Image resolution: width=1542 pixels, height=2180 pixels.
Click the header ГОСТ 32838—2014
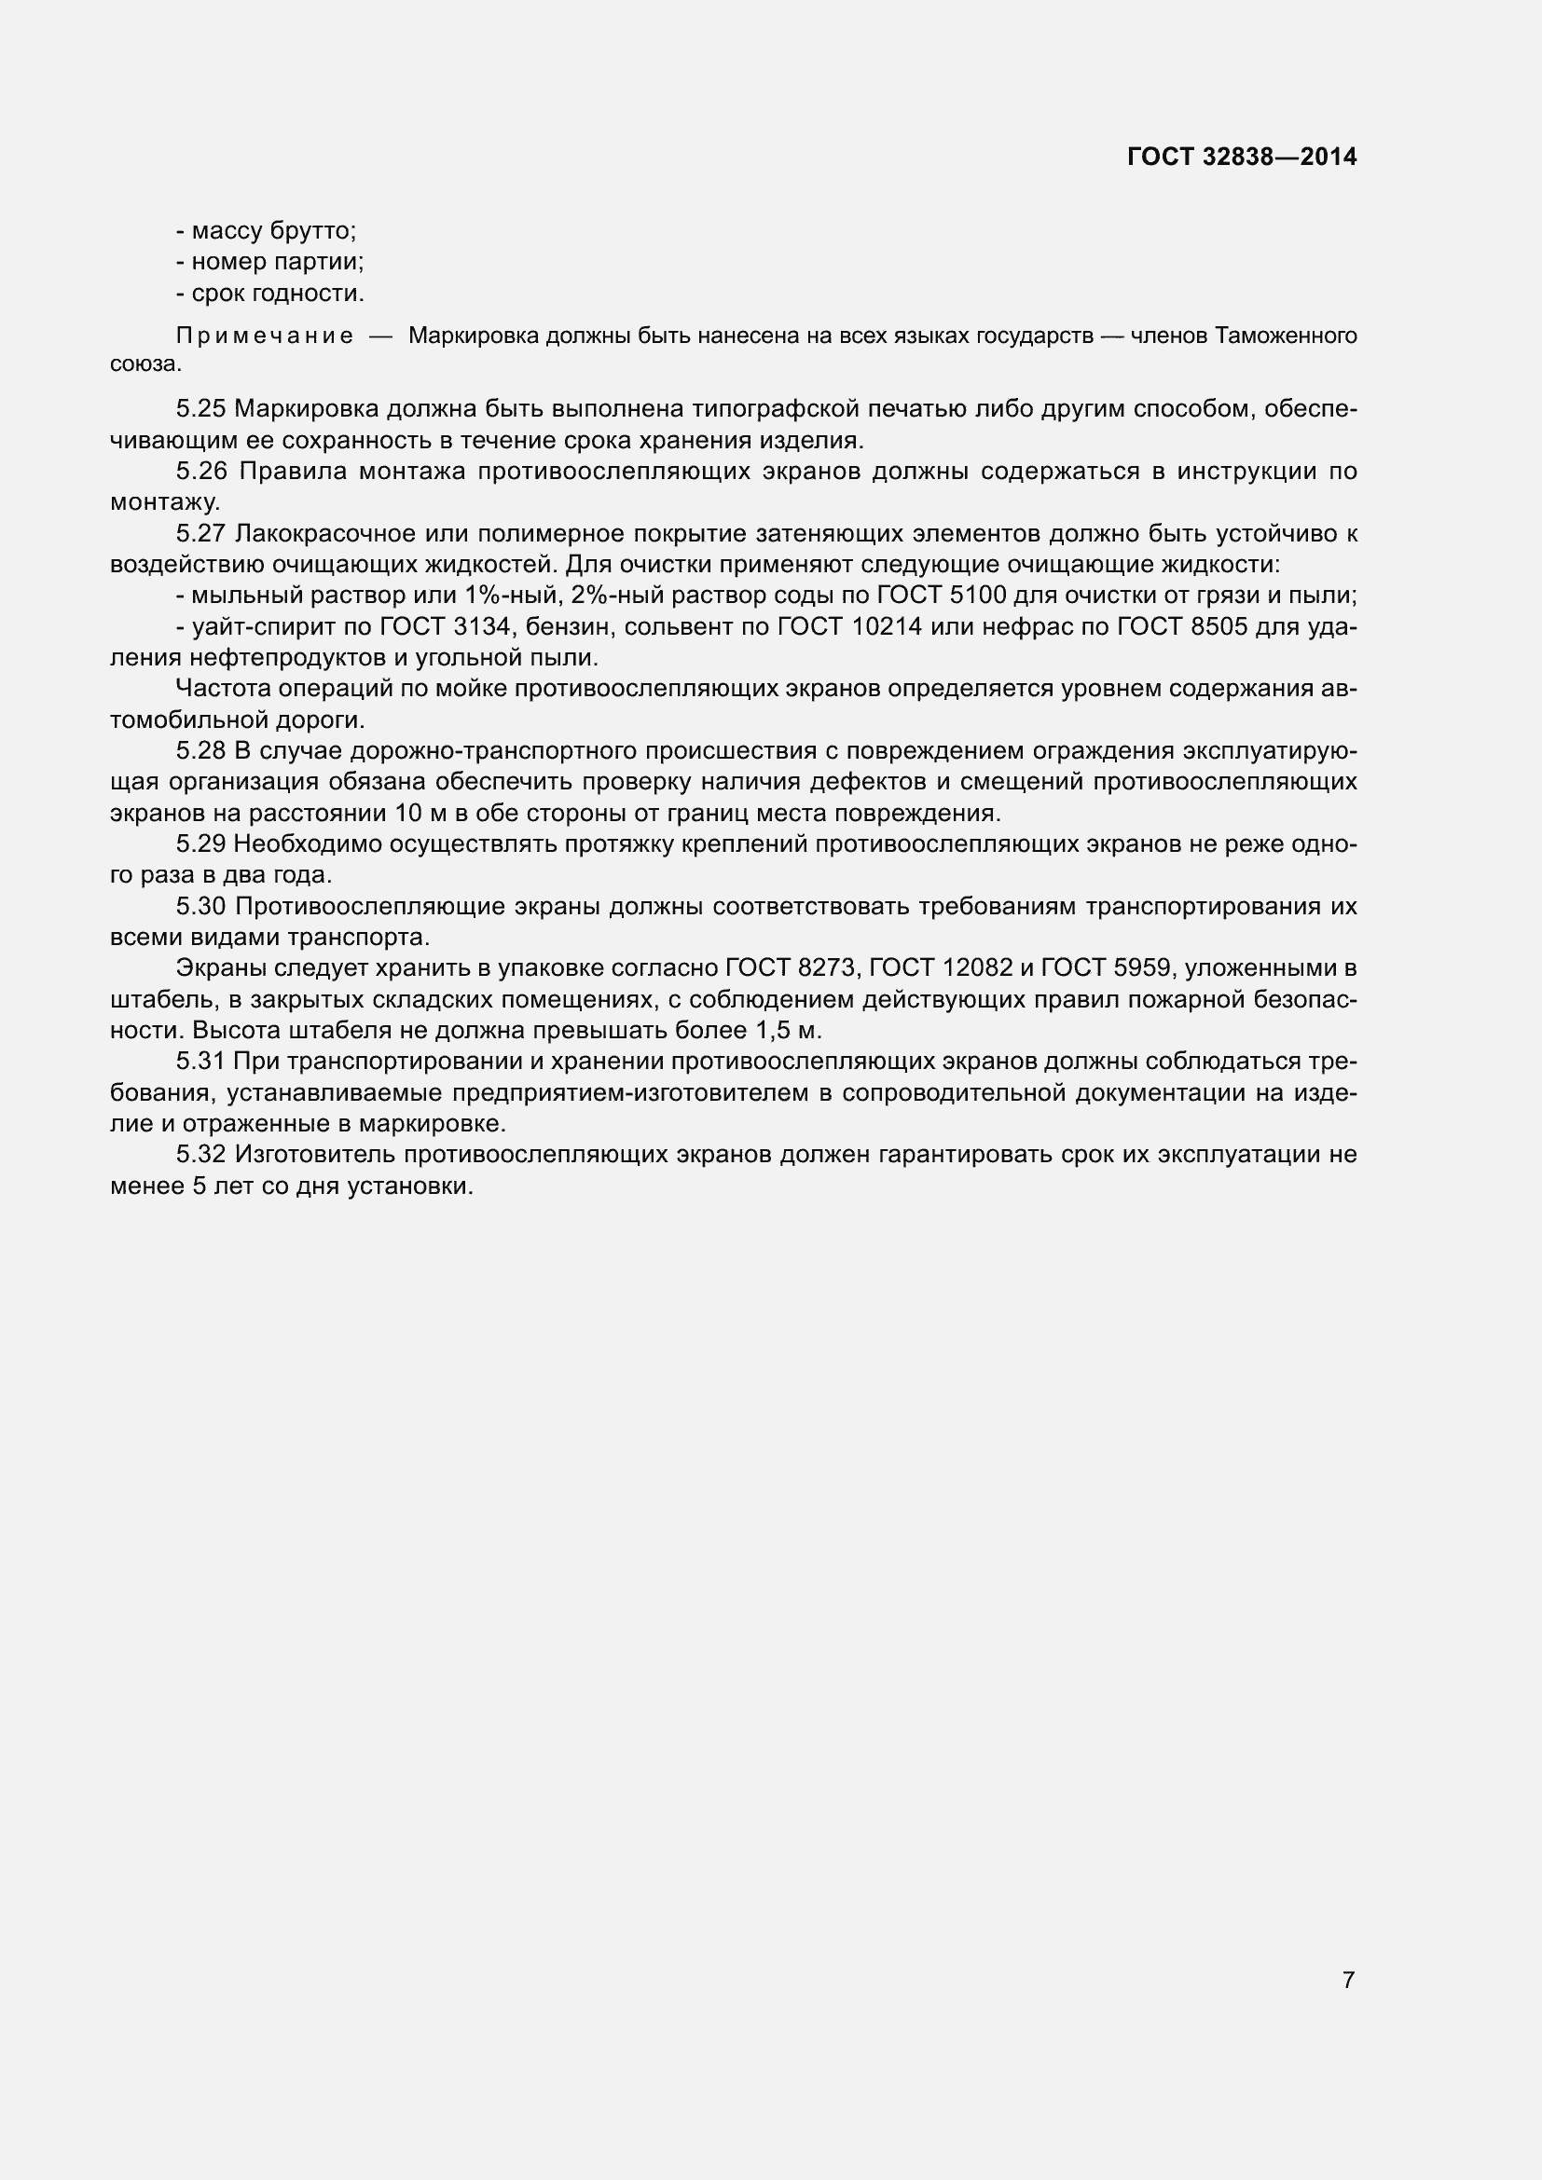tap(1242, 157)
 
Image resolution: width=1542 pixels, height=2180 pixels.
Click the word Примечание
tap(265, 336)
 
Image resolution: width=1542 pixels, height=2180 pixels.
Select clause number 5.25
tap(201, 409)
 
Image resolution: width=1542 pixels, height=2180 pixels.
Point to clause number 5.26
tap(201, 471)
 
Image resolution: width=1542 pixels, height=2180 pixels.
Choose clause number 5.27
tap(201, 534)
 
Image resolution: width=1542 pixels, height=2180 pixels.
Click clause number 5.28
tap(201, 751)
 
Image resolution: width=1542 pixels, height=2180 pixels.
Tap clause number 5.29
tap(201, 844)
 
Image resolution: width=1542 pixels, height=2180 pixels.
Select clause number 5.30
tap(201, 906)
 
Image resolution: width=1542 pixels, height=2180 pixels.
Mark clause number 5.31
tap(201, 1061)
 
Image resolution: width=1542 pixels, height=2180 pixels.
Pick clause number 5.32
tap(201, 1155)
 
